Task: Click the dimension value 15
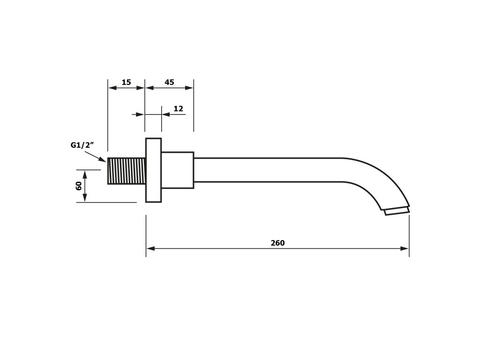pyautogui.click(x=126, y=82)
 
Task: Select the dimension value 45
pyautogui.click(x=169, y=82)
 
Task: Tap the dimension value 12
pyautogui.click(x=178, y=109)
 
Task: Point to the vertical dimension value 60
pyautogui.click(x=79, y=186)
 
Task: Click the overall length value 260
pyautogui.click(x=277, y=243)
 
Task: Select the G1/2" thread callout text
pyautogui.click(x=82, y=145)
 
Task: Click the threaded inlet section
pyautogui.click(x=127, y=171)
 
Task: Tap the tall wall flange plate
pyautogui.click(x=153, y=170)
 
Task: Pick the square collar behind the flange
pyautogui.click(x=178, y=170)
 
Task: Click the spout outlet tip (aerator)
pyautogui.click(x=397, y=210)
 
